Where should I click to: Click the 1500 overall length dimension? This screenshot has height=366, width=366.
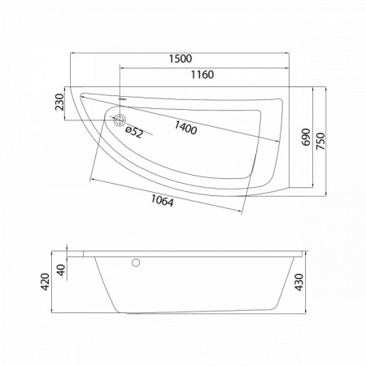(181, 59)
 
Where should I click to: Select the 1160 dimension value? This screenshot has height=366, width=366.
(203, 75)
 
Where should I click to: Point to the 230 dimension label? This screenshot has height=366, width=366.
(59, 102)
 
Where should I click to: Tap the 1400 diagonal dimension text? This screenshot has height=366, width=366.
(185, 128)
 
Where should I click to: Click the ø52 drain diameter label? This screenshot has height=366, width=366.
(134, 132)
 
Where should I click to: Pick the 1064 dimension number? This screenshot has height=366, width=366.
(162, 201)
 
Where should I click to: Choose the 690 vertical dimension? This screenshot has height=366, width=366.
(306, 137)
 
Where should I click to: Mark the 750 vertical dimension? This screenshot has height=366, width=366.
(320, 141)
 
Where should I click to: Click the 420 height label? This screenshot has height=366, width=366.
(45, 282)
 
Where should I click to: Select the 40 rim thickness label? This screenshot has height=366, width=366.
(62, 270)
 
